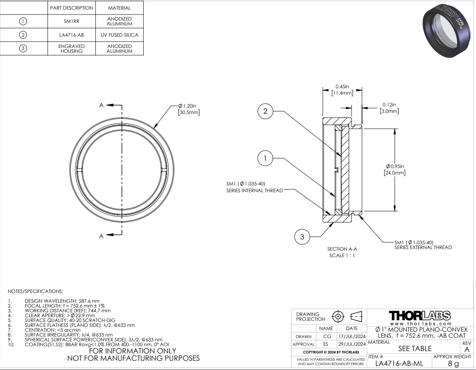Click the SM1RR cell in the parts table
[x=71, y=21]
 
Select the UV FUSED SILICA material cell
[x=120, y=35]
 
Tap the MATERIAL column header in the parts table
[x=120, y=8]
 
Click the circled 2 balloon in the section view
[x=265, y=111]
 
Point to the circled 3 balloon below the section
[x=302, y=237]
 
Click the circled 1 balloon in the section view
[x=265, y=158]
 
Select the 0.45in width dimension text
[x=342, y=87]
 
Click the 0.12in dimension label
[x=389, y=105]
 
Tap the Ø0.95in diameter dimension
[x=395, y=166]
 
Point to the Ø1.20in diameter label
[x=187, y=106]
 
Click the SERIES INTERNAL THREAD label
[x=255, y=191]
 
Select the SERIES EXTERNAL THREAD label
[x=423, y=247]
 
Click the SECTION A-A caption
[x=342, y=249]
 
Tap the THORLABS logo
[x=420, y=316]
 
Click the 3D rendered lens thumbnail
[x=445, y=30]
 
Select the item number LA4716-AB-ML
[x=399, y=363]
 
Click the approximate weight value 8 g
[x=453, y=363]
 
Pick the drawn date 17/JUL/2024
[x=352, y=337]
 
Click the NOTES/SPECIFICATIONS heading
[x=35, y=291]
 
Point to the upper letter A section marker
[x=101, y=105]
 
